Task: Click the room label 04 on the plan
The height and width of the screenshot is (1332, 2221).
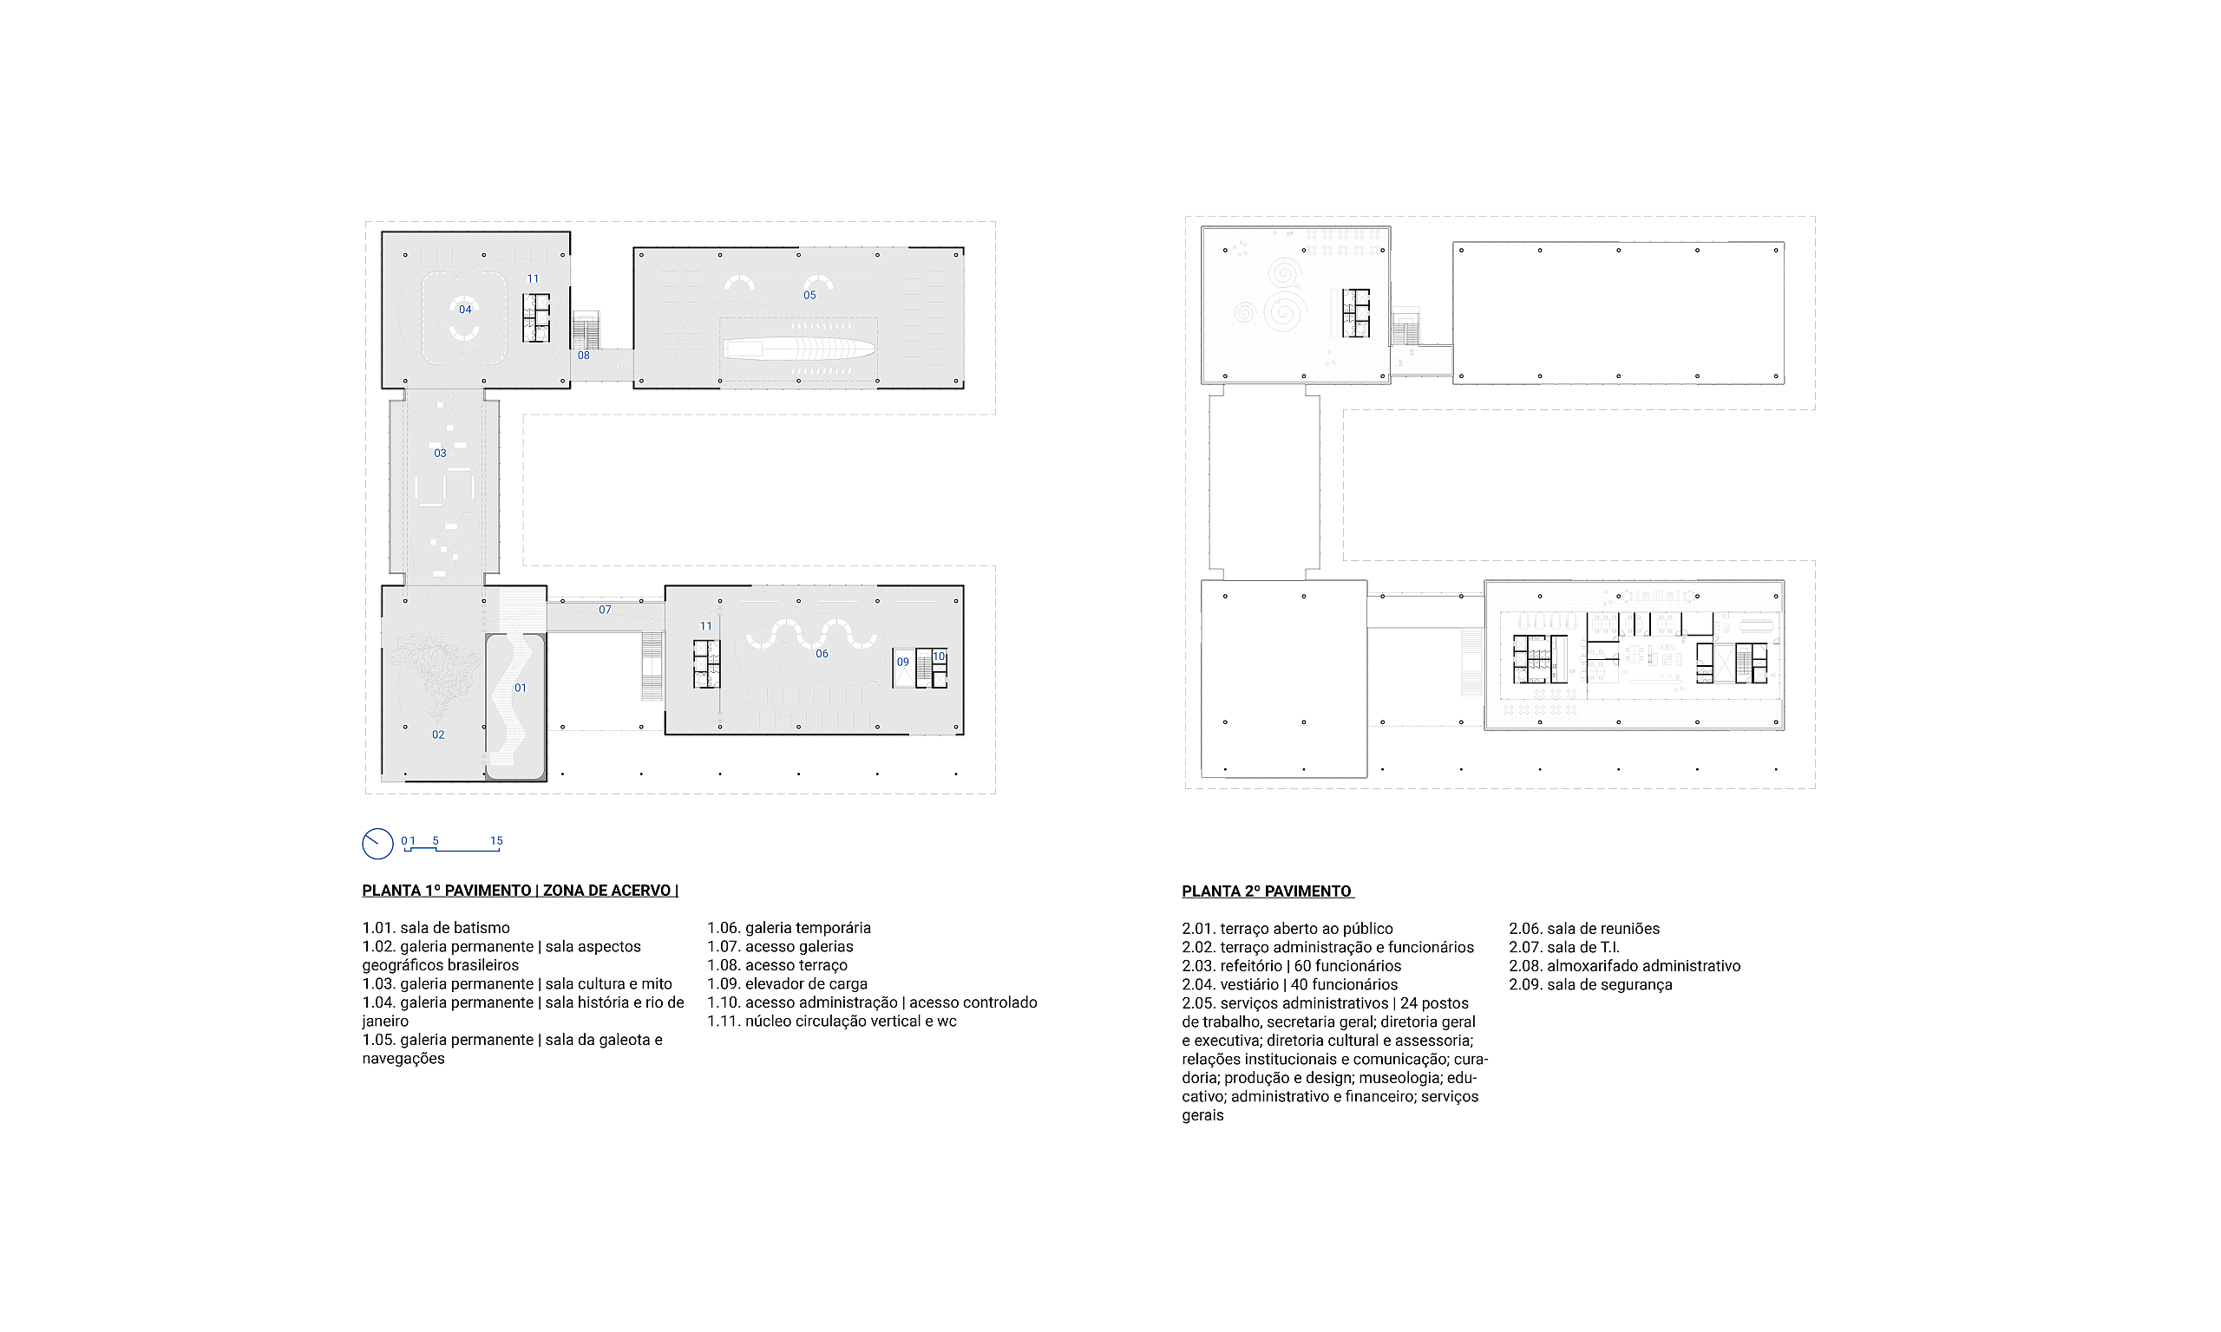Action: point(465,310)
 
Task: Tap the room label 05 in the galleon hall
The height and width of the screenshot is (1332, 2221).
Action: point(809,296)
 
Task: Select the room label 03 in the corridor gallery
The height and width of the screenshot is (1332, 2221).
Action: point(440,454)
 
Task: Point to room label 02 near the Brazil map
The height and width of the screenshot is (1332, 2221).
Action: point(438,735)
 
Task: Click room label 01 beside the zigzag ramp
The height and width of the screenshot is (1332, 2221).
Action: point(521,689)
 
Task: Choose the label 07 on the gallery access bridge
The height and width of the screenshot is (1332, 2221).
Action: point(605,610)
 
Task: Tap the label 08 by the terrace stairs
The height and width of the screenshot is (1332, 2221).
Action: point(584,356)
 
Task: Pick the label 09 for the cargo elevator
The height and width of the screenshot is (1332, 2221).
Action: point(903,663)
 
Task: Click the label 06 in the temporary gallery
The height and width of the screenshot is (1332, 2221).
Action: point(822,655)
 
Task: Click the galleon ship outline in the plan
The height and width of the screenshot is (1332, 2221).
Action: point(799,349)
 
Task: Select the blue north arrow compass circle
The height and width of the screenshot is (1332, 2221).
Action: point(378,844)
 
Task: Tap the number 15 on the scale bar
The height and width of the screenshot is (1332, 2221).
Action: point(496,841)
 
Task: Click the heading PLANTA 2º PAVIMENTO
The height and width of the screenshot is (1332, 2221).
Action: point(1267,891)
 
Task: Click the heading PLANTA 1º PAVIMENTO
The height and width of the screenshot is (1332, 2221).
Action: point(447,891)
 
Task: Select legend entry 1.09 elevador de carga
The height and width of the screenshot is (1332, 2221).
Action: point(787,983)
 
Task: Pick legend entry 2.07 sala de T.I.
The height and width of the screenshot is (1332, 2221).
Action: point(1564,947)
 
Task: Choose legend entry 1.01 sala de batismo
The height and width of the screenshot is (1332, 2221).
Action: point(436,928)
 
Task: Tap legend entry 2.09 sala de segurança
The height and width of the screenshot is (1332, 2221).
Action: point(1590,984)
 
